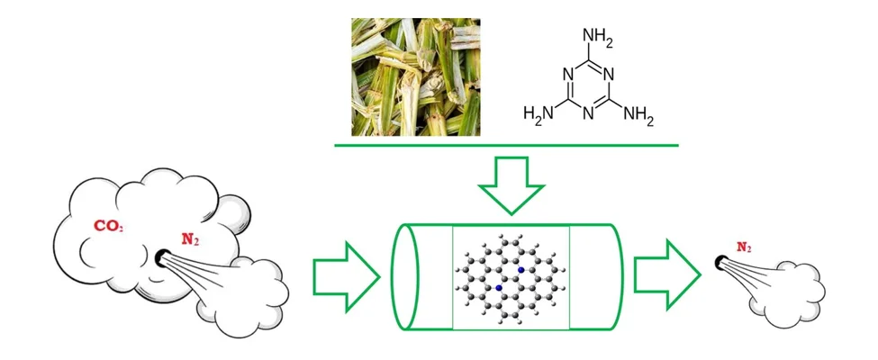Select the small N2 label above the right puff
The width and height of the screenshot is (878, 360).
coord(744,247)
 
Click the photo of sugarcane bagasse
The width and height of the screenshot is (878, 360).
coord(415,76)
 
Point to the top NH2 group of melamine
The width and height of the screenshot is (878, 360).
coord(598,37)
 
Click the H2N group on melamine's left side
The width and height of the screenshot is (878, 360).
coord(539,113)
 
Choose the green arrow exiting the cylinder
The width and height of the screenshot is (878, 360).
coord(667,274)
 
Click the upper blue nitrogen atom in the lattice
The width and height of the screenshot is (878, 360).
coord(521,270)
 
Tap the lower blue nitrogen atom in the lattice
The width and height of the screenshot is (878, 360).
coord(499,288)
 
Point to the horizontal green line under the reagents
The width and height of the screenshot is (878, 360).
coord(507,146)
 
